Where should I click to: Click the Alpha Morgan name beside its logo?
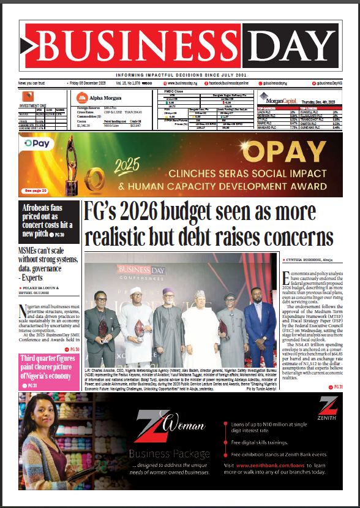point(100,96)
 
